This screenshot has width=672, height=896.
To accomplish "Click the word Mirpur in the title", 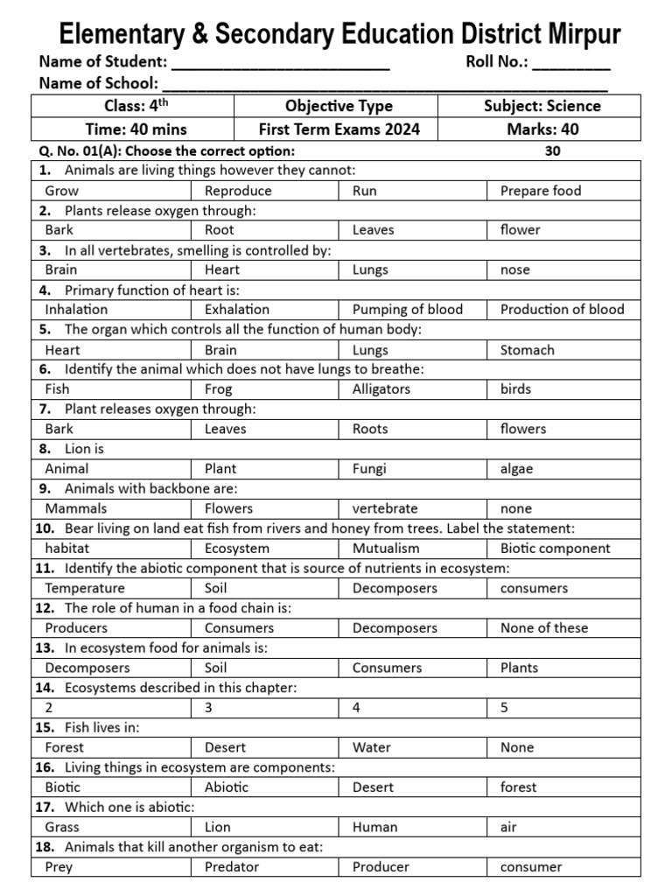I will (x=574, y=34).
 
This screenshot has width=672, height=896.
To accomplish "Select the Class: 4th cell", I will (x=132, y=106).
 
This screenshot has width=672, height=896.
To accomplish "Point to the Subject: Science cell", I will (x=542, y=106).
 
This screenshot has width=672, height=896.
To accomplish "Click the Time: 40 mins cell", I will (x=132, y=129).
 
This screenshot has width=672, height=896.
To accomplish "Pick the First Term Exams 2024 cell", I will (x=339, y=129).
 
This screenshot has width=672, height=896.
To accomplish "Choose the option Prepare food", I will (x=540, y=190).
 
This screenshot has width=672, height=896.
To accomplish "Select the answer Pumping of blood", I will (x=407, y=309).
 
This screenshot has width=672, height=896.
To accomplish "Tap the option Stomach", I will (x=527, y=350).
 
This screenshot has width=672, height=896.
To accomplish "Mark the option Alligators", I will (x=382, y=389).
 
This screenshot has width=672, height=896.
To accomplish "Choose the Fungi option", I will (x=368, y=468).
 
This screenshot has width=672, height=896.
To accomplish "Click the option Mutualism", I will (x=385, y=549).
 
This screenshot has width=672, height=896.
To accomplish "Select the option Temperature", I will (x=85, y=588).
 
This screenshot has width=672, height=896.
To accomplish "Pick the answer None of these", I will (x=543, y=627).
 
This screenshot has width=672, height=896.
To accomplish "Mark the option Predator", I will (x=231, y=867).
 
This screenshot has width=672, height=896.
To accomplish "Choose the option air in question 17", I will (x=508, y=827).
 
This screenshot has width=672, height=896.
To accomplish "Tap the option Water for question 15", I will (x=371, y=747).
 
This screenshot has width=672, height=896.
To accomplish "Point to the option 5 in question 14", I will (x=504, y=708).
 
